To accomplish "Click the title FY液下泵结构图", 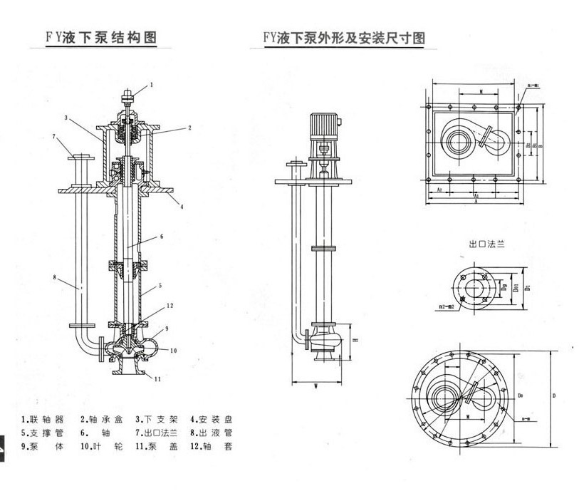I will [100, 37].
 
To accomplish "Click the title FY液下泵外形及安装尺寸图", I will [344, 37].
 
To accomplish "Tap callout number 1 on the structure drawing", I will [151, 86].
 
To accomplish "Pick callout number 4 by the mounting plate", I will [182, 207].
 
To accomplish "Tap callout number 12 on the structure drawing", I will [169, 306].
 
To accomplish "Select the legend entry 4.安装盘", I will [212, 419].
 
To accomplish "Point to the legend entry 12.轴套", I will [212, 447].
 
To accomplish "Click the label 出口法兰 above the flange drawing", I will [486, 244].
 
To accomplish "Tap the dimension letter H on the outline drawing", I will [355, 341].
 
